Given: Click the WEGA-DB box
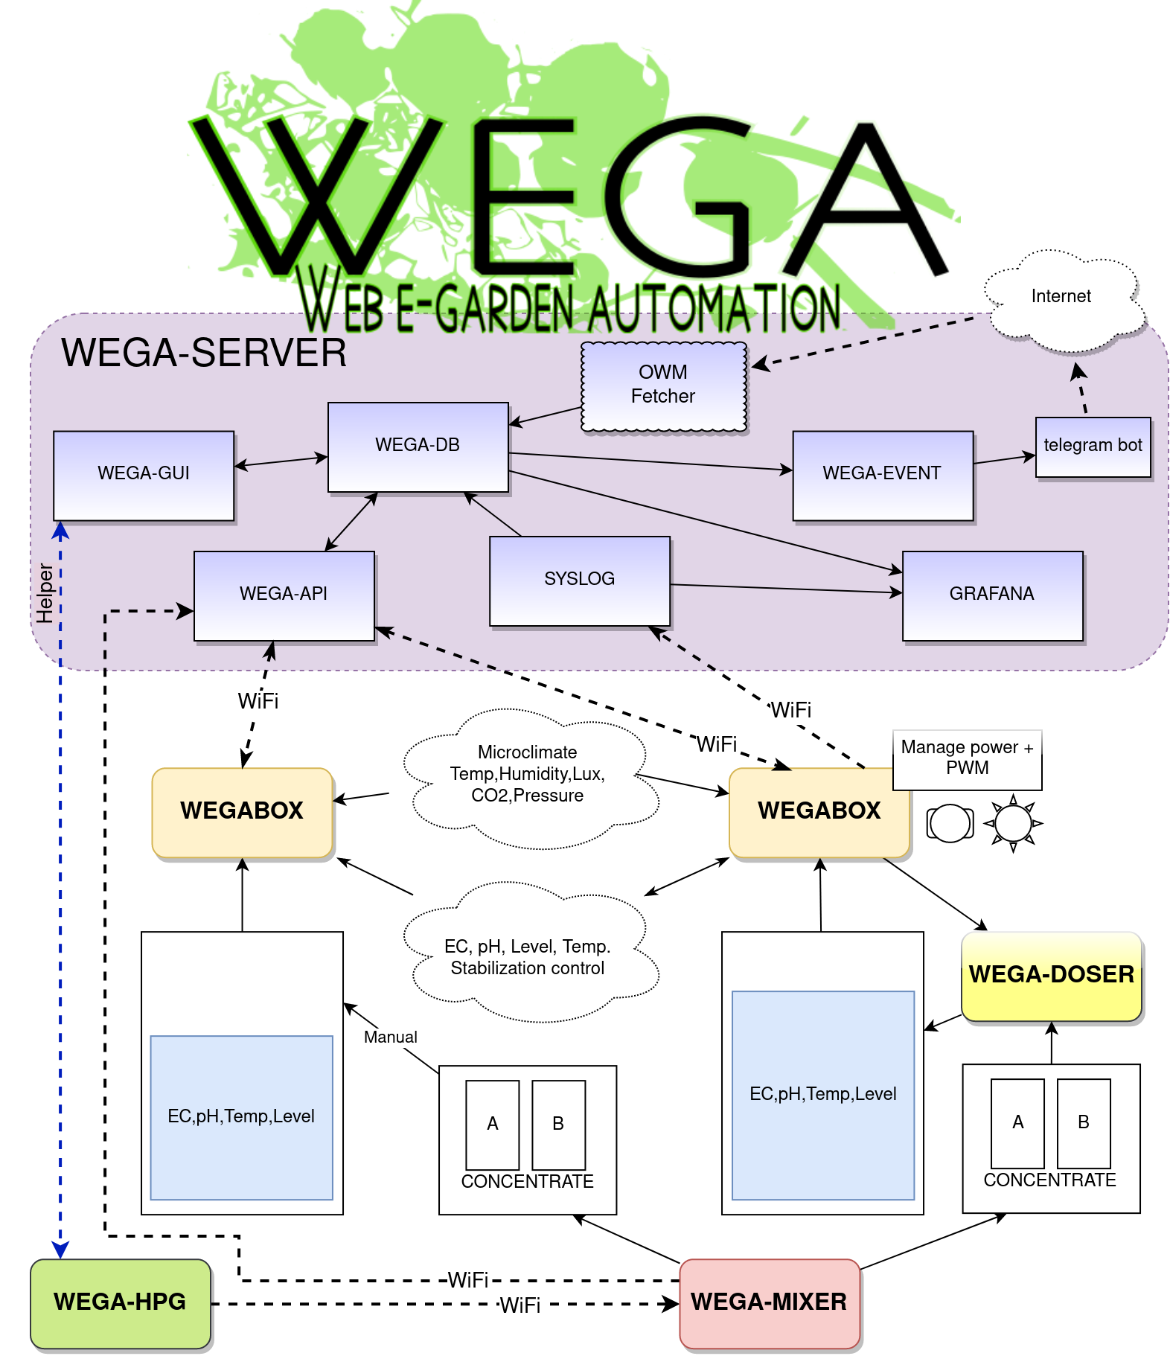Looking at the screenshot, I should point(418,447).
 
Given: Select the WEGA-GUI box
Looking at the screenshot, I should point(144,475).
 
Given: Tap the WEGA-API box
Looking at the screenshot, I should point(284,595).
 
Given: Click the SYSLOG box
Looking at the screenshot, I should point(579,581).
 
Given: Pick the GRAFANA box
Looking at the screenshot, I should point(991,595).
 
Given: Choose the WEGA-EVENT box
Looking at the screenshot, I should point(882,475).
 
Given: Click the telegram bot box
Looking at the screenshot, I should point(1093,447).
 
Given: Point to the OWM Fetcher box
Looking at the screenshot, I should point(663,386).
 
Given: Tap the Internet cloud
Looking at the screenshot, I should point(1061,298).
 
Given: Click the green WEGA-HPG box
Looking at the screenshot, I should point(120,1302).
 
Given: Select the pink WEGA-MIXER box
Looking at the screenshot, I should point(769,1302).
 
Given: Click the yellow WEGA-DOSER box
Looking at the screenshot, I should point(1051,976).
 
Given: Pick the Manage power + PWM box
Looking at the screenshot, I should point(967,758).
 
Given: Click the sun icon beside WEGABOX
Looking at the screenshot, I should point(1013,823).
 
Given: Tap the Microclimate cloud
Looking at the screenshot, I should point(528,775).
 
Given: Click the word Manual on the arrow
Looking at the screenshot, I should point(390,1037).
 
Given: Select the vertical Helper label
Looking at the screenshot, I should point(45,593).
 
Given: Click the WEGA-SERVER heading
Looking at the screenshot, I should point(204,354).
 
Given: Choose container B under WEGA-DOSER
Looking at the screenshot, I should point(1083,1122).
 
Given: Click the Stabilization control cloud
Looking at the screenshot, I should point(528,958).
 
